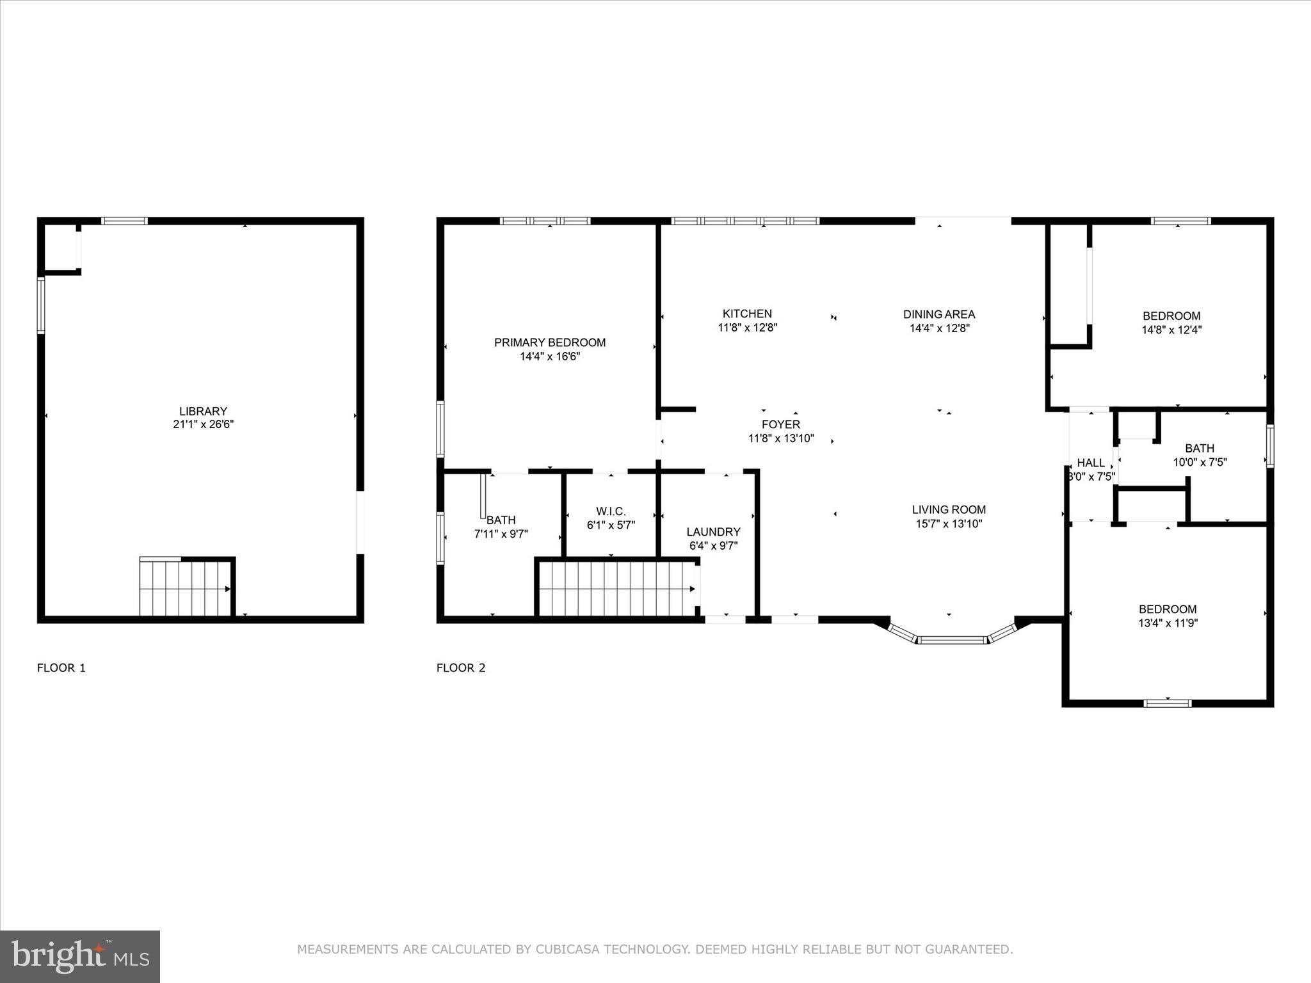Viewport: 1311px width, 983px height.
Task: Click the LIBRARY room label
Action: tap(203, 411)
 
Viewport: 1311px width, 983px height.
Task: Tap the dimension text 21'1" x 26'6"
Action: tap(203, 424)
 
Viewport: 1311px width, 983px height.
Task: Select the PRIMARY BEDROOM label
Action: tap(549, 342)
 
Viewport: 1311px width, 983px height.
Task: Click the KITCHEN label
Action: tap(747, 314)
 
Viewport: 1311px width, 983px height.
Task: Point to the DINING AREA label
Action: tap(939, 314)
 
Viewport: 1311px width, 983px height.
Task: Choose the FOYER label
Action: tap(780, 424)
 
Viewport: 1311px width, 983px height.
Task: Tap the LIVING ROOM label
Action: tap(949, 509)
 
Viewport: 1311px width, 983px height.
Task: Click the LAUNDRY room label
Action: tap(713, 532)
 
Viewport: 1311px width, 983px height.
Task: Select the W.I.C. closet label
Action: tap(611, 511)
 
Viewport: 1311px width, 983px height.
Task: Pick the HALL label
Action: tap(1091, 463)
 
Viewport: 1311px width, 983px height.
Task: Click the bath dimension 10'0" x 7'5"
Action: tap(1200, 462)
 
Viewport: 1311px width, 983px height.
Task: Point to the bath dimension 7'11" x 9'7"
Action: tap(501, 534)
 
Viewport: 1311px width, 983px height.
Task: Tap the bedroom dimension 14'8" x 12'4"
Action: tap(1171, 330)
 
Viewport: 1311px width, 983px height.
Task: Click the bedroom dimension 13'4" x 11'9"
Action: tap(1168, 623)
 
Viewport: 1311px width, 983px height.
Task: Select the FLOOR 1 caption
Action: tap(61, 668)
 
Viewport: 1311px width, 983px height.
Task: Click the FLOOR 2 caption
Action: tap(461, 668)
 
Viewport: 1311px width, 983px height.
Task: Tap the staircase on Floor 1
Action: tap(185, 588)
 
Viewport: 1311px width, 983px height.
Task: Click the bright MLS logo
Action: tap(80, 957)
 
